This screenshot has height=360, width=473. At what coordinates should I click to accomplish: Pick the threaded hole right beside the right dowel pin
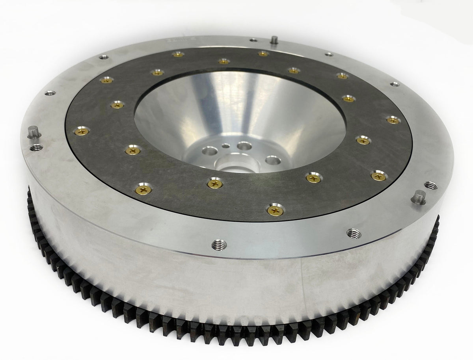429,184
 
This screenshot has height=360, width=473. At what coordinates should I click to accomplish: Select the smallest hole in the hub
225,146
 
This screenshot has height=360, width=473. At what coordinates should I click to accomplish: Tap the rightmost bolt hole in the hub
271,160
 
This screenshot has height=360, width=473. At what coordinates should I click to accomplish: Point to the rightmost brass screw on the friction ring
391,119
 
